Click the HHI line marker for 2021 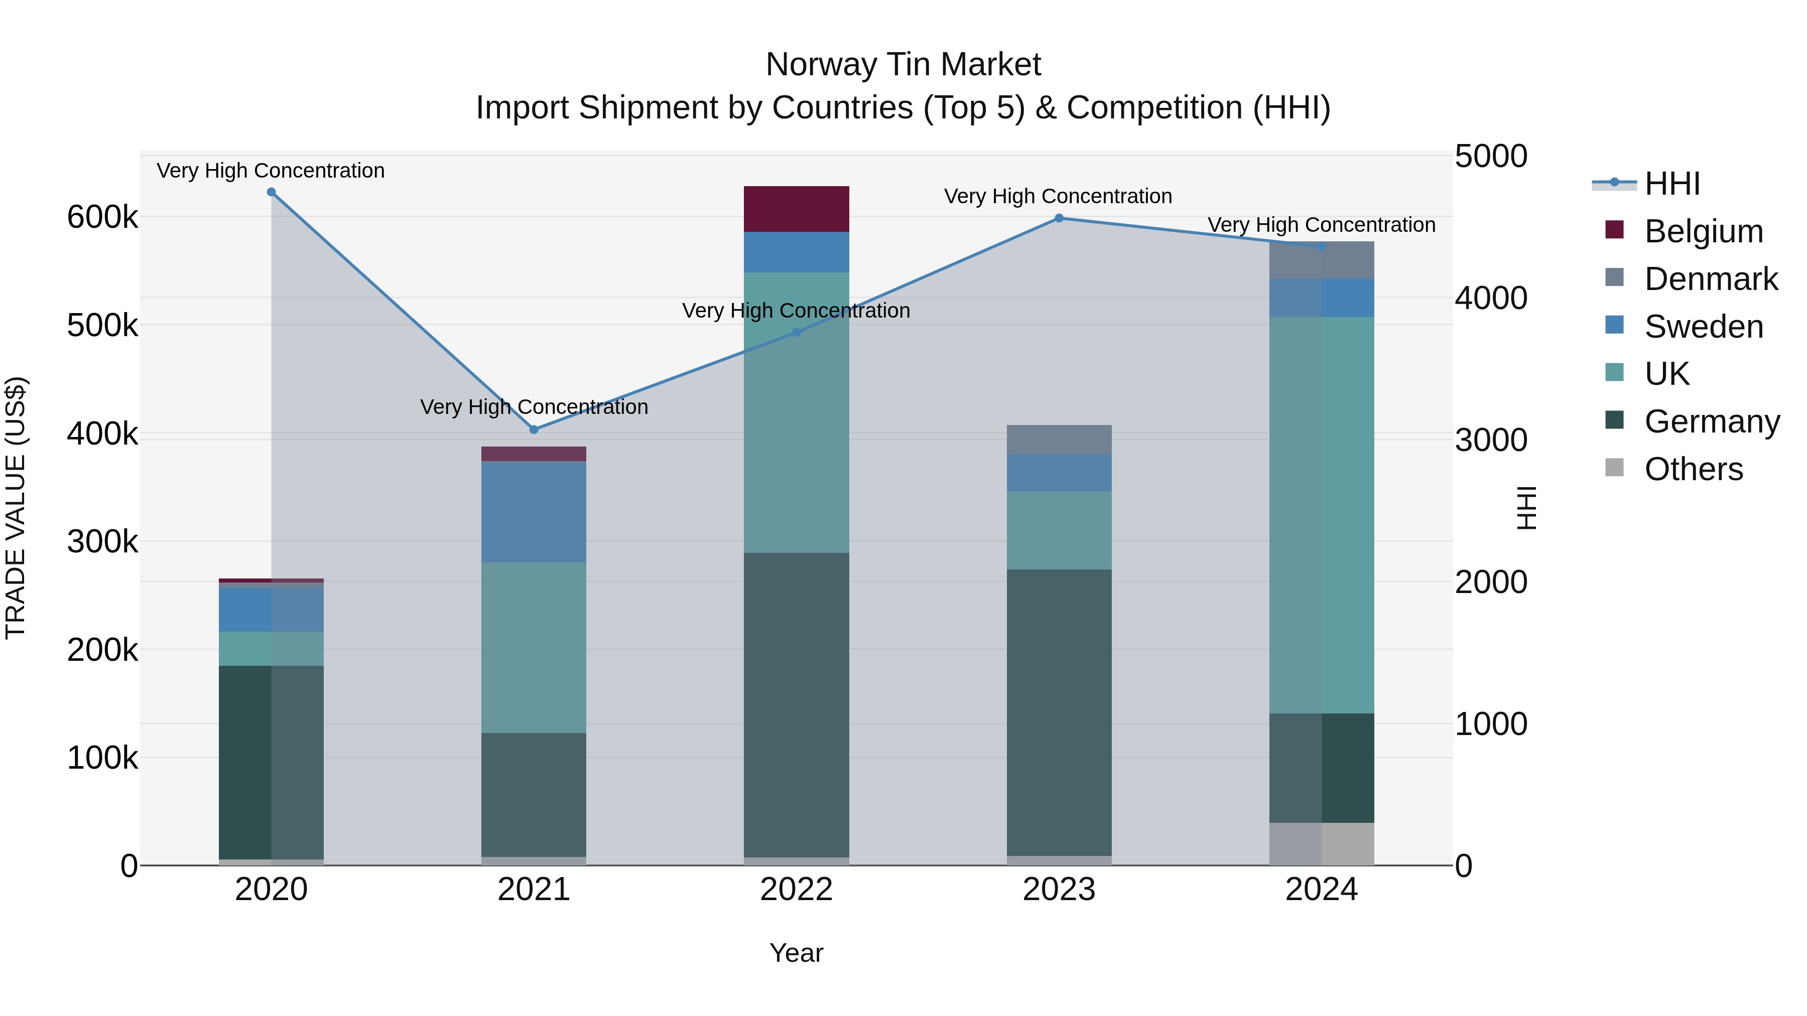pos(534,429)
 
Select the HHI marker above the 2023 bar pos(1059,218)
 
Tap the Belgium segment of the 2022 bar pos(796,209)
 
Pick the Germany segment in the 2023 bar pos(1059,711)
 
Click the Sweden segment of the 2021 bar pos(534,512)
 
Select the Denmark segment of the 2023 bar pos(1059,440)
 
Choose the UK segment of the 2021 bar pos(534,647)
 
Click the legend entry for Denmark pos(1710,279)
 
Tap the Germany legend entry pos(1712,421)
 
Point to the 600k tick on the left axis pos(102,217)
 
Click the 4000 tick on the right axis pos(1491,298)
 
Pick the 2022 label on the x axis pos(796,890)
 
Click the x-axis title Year pos(796,953)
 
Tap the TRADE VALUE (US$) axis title pos(16,508)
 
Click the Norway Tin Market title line pos(903,65)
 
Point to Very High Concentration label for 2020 pos(271,171)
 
